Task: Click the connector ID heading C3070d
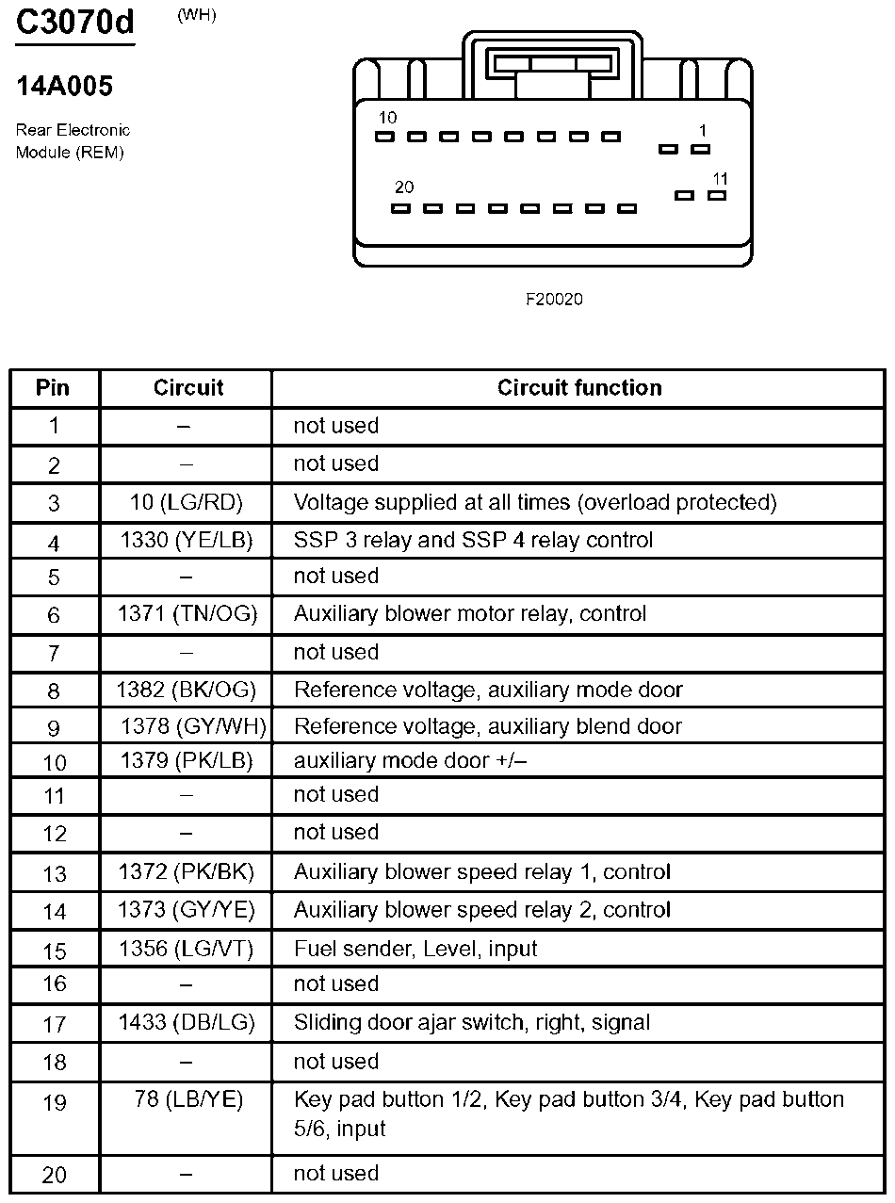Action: [75, 23]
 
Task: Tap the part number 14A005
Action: [64, 87]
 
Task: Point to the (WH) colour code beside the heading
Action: [196, 16]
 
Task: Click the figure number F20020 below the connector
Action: [554, 300]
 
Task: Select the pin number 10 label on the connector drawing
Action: [387, 118]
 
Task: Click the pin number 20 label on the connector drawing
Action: [404, 187]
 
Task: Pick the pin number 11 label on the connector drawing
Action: [721, 178]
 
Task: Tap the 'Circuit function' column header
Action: [579, 388]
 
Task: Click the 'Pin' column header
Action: [53, 388]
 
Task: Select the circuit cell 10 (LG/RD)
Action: [186, 503]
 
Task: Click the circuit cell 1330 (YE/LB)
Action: [186, 541]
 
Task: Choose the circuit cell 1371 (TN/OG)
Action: [187, 614]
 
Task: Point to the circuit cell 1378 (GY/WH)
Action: [194, 726]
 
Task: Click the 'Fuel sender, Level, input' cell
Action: [415, 949]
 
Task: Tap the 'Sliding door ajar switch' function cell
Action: [472, 1022]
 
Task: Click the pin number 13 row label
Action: [55, 872]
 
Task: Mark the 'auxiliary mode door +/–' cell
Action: [410, 760]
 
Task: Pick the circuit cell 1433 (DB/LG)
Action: [187, 1022]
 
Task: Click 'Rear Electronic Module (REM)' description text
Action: [73, 141]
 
